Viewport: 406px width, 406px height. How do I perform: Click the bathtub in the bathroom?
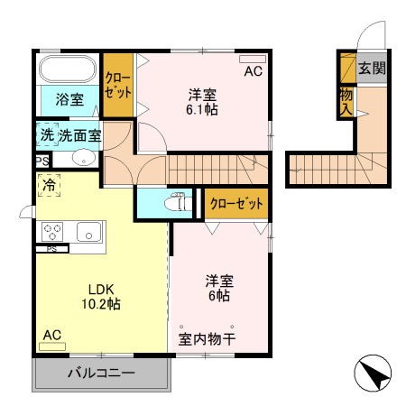pyautogui.click(x=69, y=69)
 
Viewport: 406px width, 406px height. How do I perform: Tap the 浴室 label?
pyautogui.click(x=69, y=98)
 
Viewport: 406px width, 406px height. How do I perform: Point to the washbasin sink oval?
pyautogui.click(x=83, y=159)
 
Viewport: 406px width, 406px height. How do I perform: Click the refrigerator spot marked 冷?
pyautogui.click(x=49, y=184)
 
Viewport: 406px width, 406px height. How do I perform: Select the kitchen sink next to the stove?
pyautogui.click(x=88, y=229)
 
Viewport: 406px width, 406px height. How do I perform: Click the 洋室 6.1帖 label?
pyautogui.click(x=203, y=101)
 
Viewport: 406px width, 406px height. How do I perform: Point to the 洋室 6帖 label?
pyautogui.click(x=217, y=287)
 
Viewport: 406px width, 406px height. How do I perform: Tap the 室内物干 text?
pyautogui.click(x=207, y=340)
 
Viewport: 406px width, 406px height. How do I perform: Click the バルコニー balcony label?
pyautogui.click(x=101, y=374)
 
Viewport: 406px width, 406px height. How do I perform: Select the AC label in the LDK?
pyautogui.click(x=52, y=335)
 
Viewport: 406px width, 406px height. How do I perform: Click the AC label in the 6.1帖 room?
pyautogui.click(x=253, y=72)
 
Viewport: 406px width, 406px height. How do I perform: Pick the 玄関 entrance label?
pyautogui.click(x=371, y=69)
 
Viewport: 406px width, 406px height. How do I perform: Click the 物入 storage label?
pyautogui.click(x=346, y=100)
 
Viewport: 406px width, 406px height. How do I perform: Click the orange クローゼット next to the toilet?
pyautogui.click(x=237, y=203)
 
